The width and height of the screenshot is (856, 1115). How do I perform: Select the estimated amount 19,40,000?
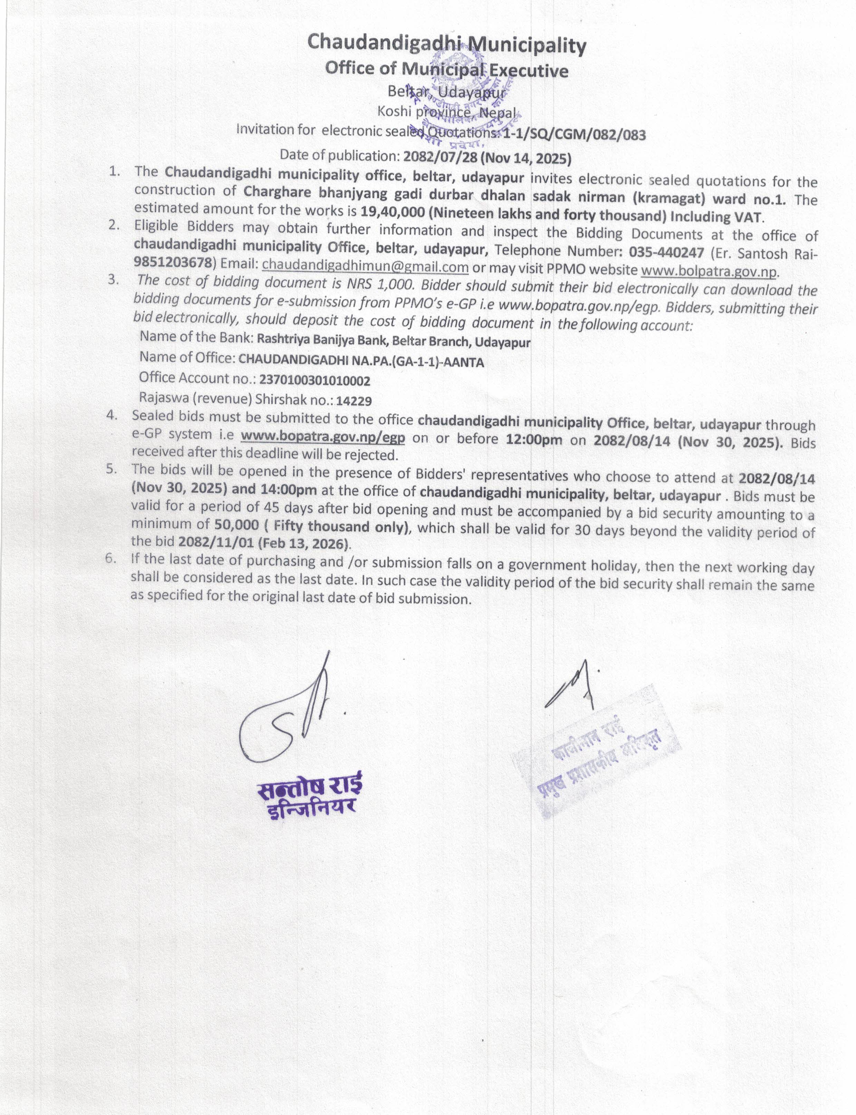point(392,212)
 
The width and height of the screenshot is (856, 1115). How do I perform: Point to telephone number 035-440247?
point(666,252)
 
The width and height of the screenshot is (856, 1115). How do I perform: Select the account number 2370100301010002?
point(314,381)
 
